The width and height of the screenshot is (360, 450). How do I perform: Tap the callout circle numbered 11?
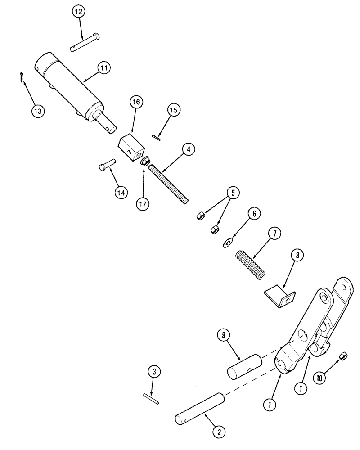click(x=104, y=68)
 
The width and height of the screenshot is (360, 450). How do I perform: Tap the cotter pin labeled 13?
click(x=22, y=77)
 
